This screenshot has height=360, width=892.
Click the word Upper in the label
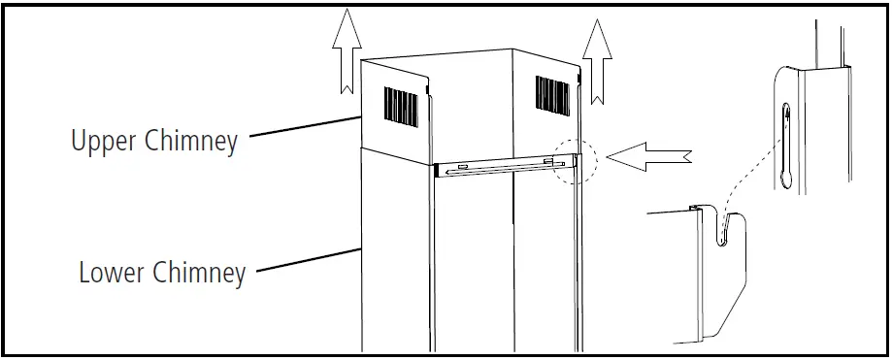click(x=104, y=140)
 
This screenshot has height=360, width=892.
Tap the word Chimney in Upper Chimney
click(x=191, y=141)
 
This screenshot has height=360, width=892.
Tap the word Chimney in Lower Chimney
click(x=199, y=274)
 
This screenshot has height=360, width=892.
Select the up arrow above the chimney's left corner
click(x=347, y=50)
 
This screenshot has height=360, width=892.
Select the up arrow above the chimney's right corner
click(x=597, y=61)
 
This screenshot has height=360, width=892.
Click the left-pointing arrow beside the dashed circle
click(x=649, y=156)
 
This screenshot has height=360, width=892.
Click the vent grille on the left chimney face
click(x=401, y=107)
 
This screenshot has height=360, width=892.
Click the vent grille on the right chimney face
click(x=552, y=95)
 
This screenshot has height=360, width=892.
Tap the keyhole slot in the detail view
click(x=786, y=146)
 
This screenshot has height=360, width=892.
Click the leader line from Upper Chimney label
click(x=306, y=127)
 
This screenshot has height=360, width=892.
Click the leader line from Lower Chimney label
click(x=309, y=260)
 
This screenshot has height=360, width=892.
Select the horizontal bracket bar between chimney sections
click(x=504, y=167)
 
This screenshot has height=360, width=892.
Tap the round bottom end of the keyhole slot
click(x=786, y=180)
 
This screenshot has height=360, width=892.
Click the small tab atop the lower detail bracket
click(x=694, y=208)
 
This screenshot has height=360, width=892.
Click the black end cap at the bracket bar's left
click(x=437, y=171)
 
